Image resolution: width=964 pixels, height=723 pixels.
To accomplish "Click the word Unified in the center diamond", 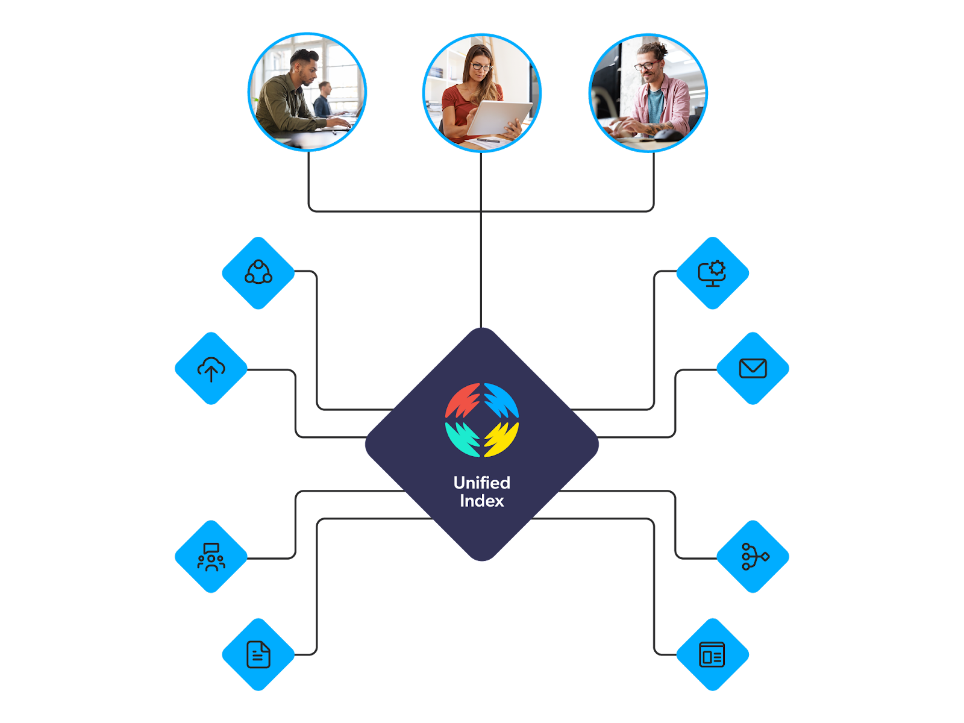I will tap(481, 483).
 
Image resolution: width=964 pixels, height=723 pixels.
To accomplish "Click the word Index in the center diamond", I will tap(481, 501).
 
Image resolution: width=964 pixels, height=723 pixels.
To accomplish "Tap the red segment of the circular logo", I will tap(463, 401).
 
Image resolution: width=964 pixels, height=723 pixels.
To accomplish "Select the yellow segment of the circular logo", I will tap(501, 439).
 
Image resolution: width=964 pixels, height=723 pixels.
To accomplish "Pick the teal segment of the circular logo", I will tap(463, 439).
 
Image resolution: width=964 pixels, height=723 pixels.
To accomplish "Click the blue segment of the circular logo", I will tap(501, 401).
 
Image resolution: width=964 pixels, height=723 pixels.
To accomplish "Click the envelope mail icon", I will tap(753, 368).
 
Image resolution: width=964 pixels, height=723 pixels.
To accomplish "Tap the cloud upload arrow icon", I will tap(211, 368).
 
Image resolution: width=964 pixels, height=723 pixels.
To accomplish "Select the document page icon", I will tap(258, 654).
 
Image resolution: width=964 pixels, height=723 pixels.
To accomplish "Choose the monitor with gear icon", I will tap(712, 273).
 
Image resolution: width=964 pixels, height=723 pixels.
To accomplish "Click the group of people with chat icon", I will tap(211, 557).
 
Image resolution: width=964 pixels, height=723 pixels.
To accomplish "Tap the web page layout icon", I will tap(712, 654).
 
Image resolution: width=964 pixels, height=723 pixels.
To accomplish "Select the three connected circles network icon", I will tap(258, 272).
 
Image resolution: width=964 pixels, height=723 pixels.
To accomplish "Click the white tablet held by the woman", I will tap(499, 117).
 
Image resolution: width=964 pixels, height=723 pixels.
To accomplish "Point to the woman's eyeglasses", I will tap(481, 67).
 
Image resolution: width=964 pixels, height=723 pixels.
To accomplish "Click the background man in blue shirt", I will tap(324, 100).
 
